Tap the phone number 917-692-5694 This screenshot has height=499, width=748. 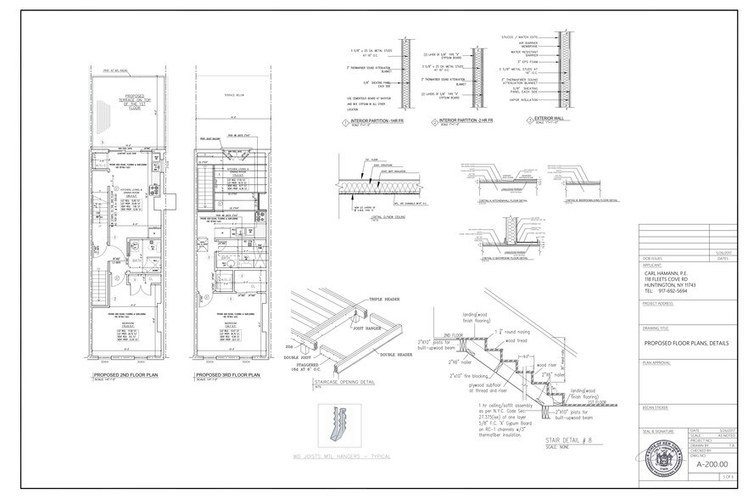[675, 292]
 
